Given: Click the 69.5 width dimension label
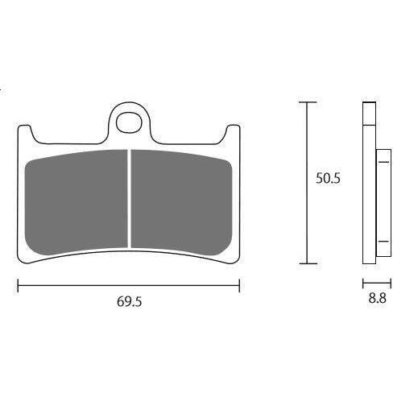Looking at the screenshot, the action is [x=129, y=302].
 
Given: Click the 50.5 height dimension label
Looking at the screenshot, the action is [x=328, y=178].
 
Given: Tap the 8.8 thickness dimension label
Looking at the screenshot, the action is [x=377, y=298].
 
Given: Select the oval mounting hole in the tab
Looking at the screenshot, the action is [x=129, y=122].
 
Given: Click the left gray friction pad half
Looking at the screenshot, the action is [x=77, y=202].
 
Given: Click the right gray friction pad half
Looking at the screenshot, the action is [x=181, y=202].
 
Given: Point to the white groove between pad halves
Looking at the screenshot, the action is [x=130, y=199].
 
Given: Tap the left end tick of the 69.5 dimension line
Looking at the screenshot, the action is [x=18, y=285].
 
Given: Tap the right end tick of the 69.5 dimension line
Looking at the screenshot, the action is [x=239, y=285].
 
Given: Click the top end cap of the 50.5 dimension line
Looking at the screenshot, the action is [x=308, y=102].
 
